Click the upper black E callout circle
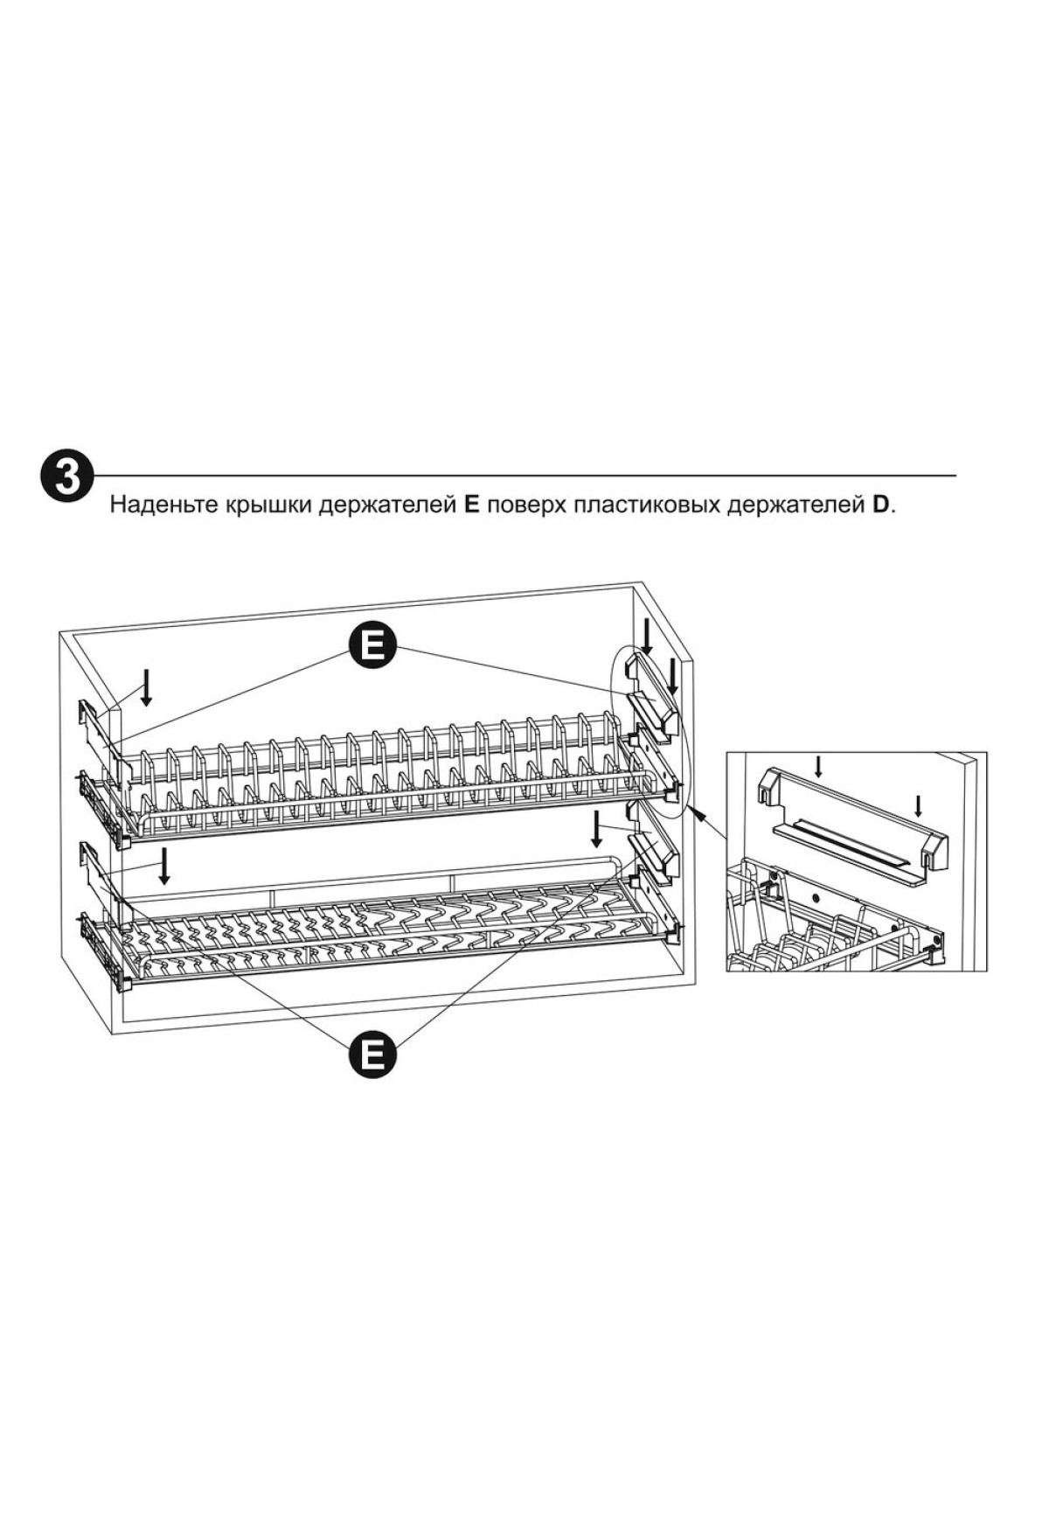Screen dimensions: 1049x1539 coord(373,648)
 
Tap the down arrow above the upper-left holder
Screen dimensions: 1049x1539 coord(147,687)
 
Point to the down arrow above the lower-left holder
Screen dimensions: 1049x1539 coord(163,867)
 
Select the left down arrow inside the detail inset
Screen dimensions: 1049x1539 coord(818,767)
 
